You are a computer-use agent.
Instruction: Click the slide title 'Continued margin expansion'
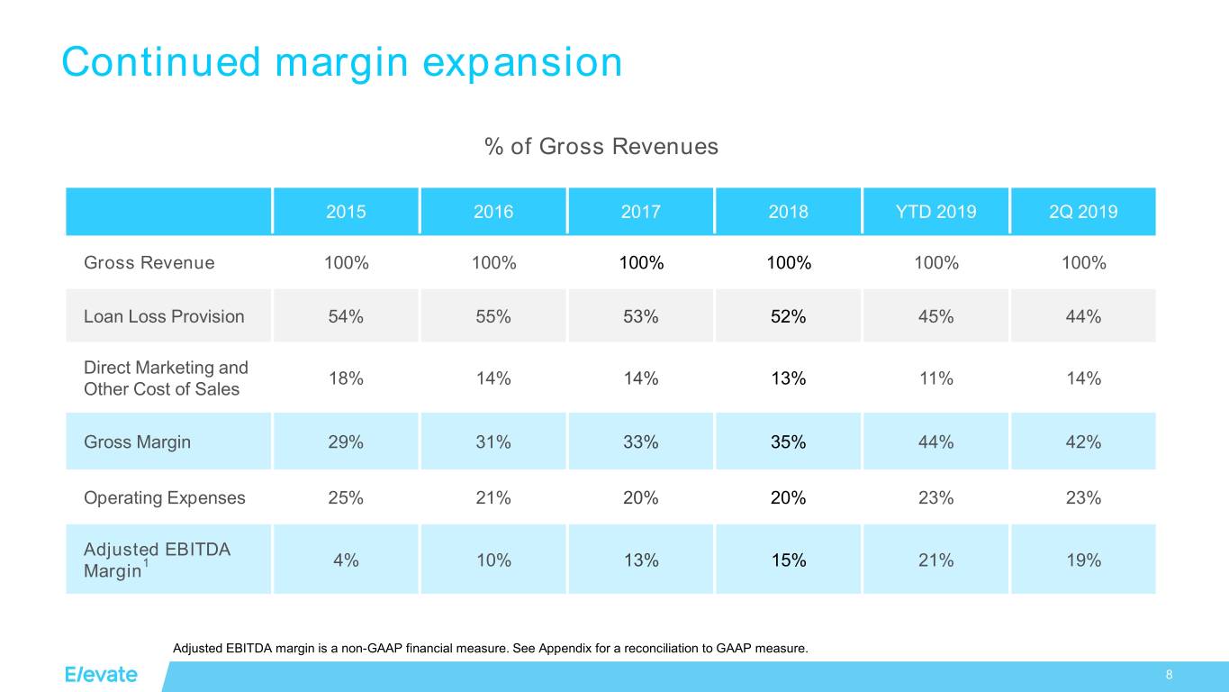[x=341, y=62]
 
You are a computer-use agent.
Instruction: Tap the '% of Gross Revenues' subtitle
[x=601, y=146]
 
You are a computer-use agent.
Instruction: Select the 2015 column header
[x=346, y=213]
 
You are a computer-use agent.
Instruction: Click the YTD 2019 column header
[x=935, y=213]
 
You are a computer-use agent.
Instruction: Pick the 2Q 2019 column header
[x=1083, y=213]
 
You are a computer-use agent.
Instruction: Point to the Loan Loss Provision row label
[x=164, y=316]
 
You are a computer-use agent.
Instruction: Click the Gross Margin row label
[x=137, y=442]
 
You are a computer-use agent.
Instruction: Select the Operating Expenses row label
[x=165, y=497]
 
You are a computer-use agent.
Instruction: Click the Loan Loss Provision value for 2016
[x=493, y=316]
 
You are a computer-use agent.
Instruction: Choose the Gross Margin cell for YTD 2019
[x=935, y=442]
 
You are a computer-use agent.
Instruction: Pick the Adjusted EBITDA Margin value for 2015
[x=346, y=560]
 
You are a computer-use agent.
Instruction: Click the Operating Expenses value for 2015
[x=346, y=497]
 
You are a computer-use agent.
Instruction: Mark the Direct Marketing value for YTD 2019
[x=935, y=378]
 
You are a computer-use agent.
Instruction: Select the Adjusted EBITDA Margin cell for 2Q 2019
[x=1083, y=560]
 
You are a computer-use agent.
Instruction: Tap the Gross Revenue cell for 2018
[x=788, y=263]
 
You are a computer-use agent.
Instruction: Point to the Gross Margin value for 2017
[x=640, y=442]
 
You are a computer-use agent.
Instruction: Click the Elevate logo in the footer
[x=101, y=675]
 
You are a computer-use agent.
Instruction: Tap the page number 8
[x=1169, y=676]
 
